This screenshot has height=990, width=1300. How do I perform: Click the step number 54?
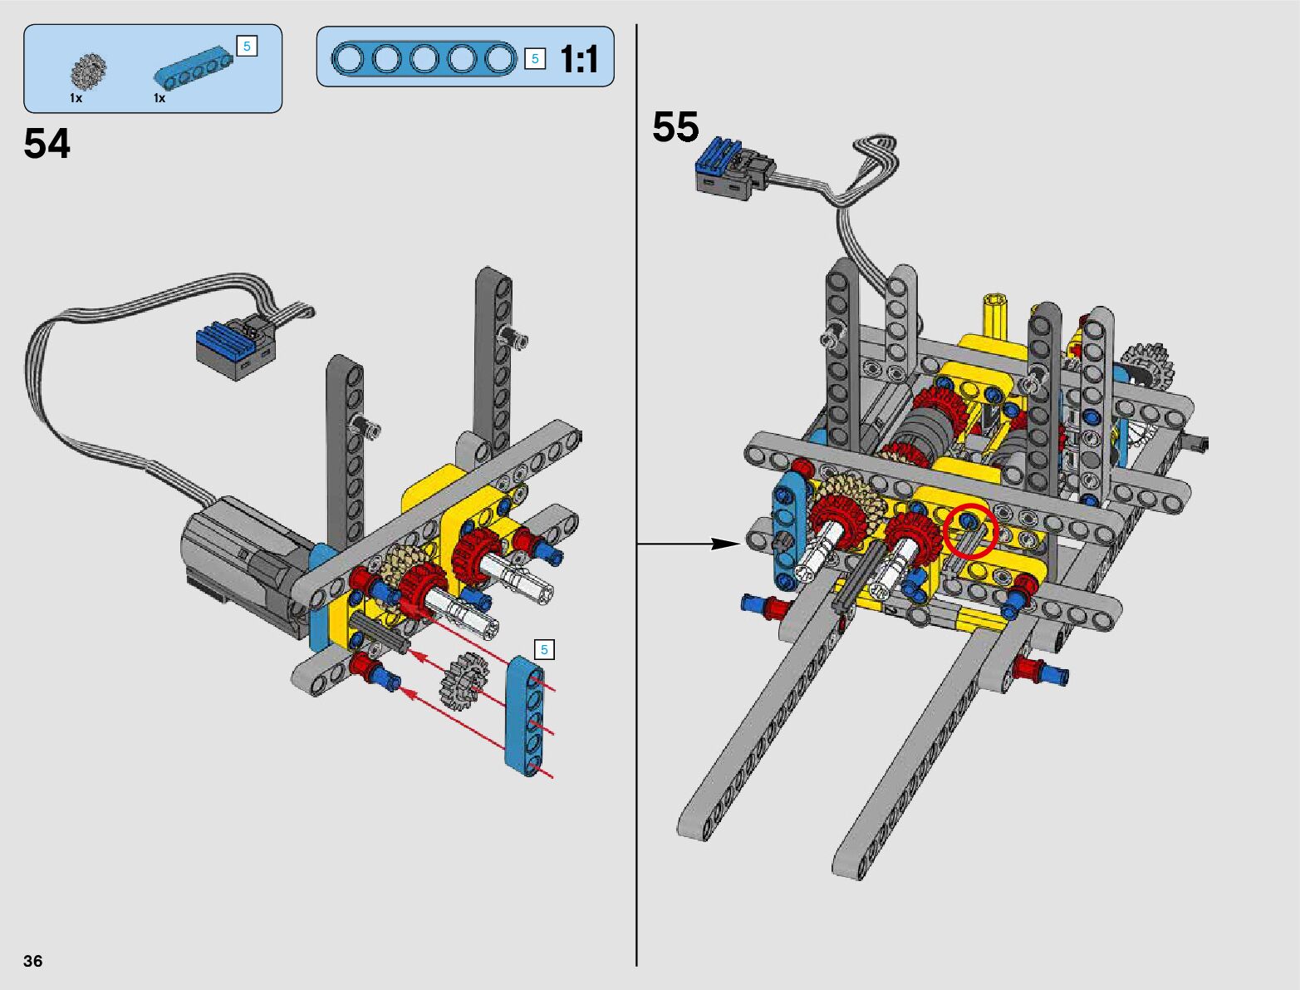47,144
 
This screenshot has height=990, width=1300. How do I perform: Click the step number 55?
675,126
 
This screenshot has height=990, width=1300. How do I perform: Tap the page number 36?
33,960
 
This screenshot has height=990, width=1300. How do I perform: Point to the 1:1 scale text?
579,59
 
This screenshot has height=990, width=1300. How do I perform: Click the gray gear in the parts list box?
88,71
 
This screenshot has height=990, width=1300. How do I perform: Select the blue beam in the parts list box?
193,65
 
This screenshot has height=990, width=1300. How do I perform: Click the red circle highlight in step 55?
971,530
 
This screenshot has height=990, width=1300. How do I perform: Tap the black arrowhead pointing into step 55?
725,544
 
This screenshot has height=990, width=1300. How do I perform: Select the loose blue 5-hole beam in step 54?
524,716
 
